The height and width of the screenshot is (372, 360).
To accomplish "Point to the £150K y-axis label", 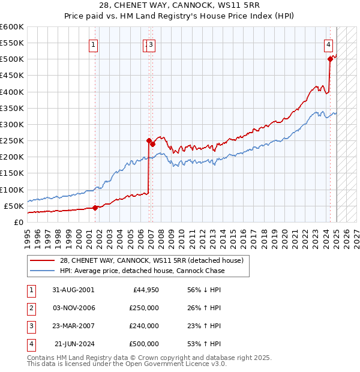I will coord(12,173).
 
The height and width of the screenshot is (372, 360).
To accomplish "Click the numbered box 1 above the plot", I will coord(94,44).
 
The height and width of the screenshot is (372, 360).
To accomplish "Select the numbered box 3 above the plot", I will coord(151,44).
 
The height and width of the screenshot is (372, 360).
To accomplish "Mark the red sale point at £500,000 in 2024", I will coord(330,59).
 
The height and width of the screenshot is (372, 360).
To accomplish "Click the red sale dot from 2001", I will coord(95,208).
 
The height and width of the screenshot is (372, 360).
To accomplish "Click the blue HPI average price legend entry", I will coord(142,271).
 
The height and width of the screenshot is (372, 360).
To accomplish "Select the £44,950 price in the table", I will coord(144,290).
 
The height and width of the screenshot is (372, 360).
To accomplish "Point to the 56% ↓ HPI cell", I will coord(204,290).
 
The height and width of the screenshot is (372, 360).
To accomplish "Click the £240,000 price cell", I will coord(144,326).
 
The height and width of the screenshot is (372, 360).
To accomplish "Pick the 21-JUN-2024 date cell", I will coord(73,344).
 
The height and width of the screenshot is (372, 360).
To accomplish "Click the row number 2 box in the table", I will coord(31,308).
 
